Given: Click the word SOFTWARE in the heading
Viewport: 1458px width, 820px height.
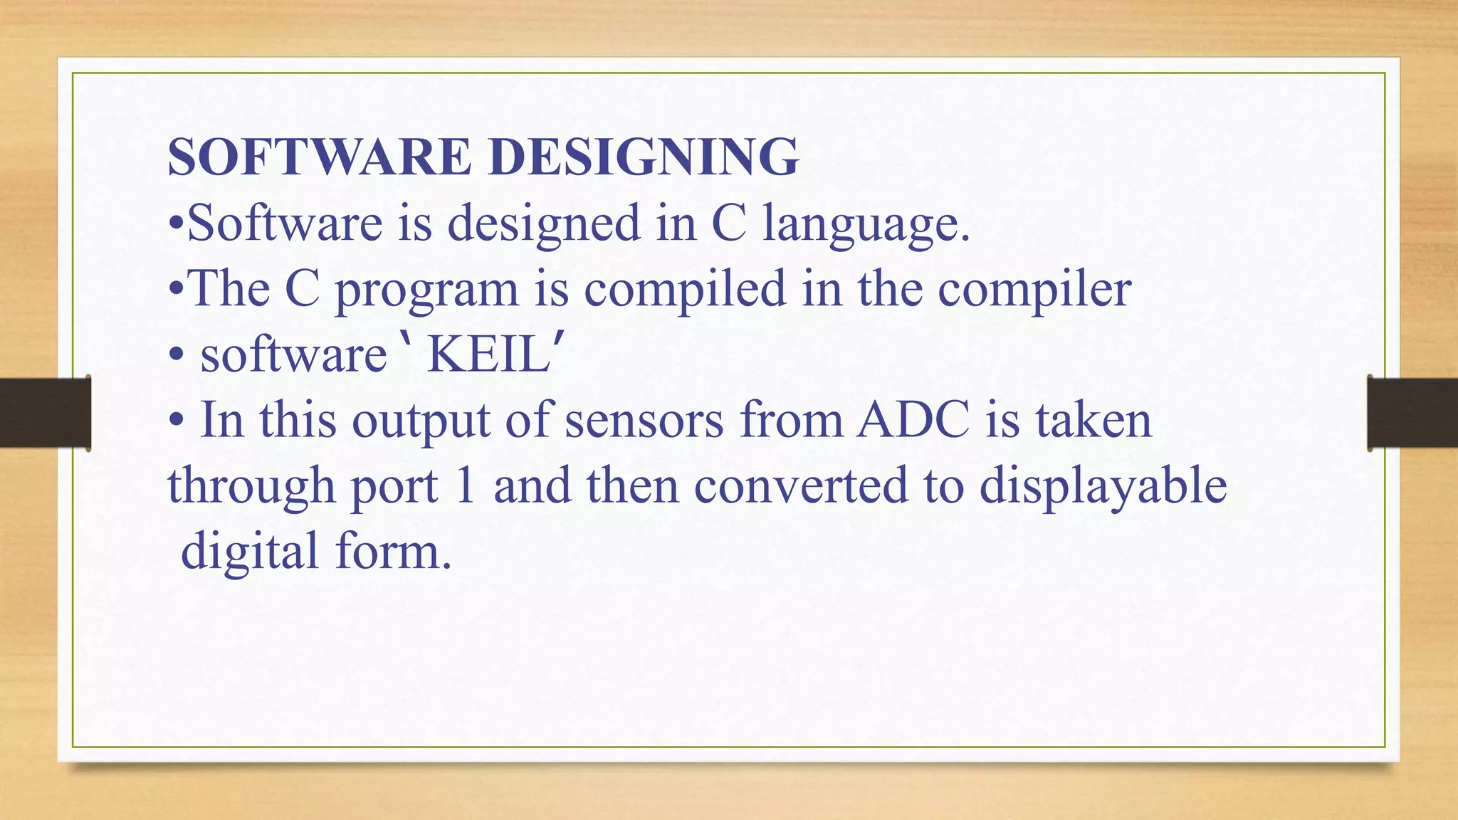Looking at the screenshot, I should [319, 157].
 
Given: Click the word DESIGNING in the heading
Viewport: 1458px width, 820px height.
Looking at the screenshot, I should [644, 157].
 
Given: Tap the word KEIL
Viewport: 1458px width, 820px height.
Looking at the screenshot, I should [488, 354].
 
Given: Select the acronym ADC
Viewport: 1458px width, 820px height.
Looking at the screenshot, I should [913, 420].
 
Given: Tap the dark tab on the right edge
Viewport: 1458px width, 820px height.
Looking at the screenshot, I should [1412, 413].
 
